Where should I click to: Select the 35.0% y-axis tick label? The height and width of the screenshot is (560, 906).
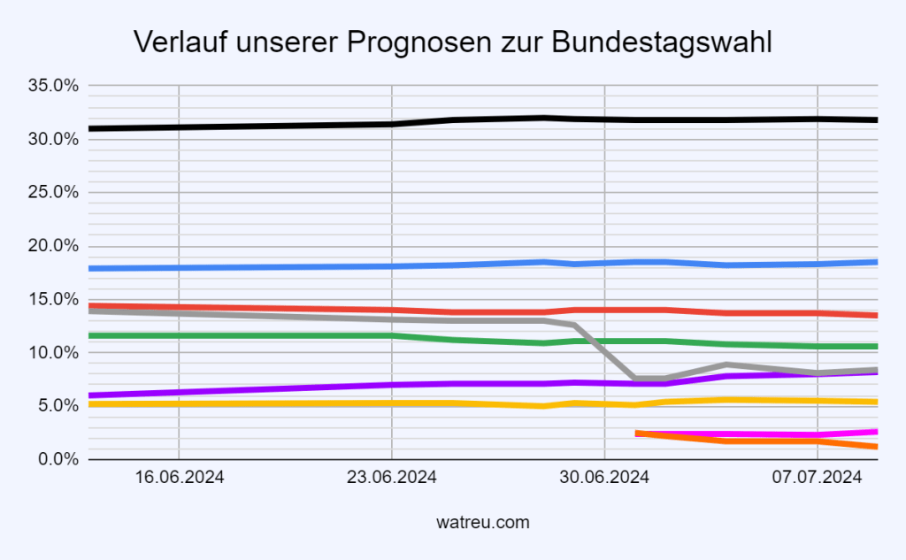click(54, 86)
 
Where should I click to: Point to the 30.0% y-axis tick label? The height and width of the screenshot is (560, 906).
click(54, 139)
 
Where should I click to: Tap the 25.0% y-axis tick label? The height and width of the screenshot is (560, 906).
click(54, 193)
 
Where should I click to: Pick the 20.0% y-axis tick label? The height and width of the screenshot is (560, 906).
click(54, 246)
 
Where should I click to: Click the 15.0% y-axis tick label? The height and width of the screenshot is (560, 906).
click(54, 299)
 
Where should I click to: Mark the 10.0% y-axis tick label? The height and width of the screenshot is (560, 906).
click(54, 353)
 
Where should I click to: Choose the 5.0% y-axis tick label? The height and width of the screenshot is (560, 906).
click(58, 406)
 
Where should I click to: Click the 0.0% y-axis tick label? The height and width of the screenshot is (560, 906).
click(58, 459)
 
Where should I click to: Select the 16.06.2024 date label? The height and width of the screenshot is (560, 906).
click(179, 479)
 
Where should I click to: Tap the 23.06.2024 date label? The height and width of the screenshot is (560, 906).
click(392, 479)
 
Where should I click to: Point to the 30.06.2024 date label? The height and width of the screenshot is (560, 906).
click(604, 479)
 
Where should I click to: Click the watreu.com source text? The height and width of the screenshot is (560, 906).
click(483, 523)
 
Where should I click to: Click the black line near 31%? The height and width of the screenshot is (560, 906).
click(265, 126)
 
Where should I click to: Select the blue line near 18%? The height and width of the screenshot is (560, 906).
click(265, 267)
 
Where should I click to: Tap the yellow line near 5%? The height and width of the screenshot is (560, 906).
click(265, 403)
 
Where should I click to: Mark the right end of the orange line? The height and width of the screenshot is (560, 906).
click(874, 447)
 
